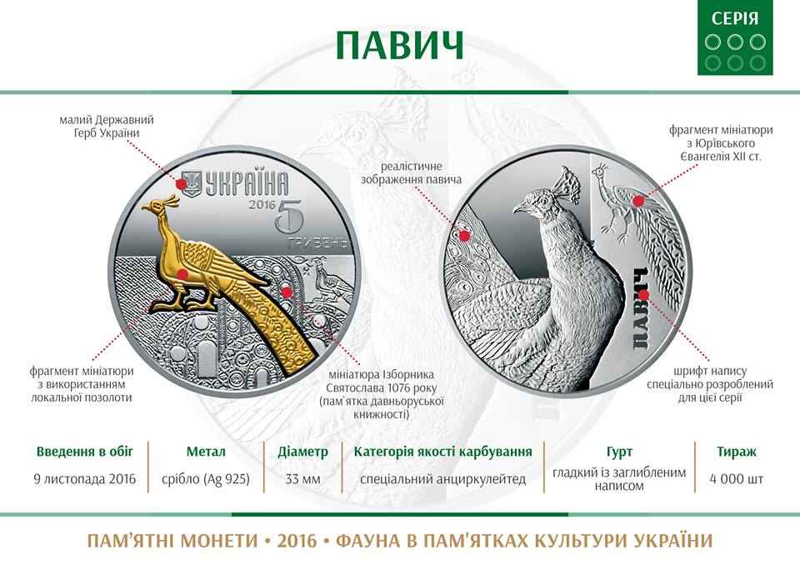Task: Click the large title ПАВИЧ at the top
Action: (x=399, y=45)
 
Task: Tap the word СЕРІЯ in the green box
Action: (x=735, y=19)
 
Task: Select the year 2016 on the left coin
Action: (x=262, y=205)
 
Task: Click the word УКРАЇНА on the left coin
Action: (x=247, y=183)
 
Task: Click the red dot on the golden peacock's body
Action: (x=181, y=274)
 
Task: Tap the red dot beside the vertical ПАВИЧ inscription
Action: (x=644, y=295)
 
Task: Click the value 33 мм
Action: (x=303, y=479)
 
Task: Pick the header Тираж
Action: (x=736, y=452)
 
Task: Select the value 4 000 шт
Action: (x=736, y=479)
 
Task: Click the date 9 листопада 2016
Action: (x=85, y=479)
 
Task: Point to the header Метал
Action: (x=206, y=452)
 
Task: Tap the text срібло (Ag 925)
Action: (x=206, y=480)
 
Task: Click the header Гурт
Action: (x=619, y=452)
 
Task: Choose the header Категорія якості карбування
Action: (x=442, y=452)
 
